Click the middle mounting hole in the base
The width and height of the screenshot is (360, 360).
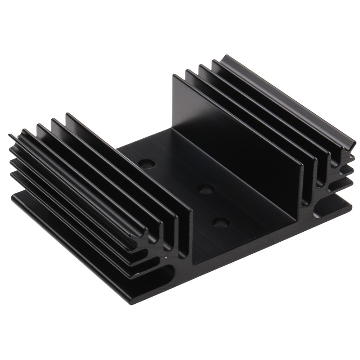206,189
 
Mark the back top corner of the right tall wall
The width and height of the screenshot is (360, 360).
174,76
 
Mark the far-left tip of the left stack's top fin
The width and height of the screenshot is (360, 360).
10,135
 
